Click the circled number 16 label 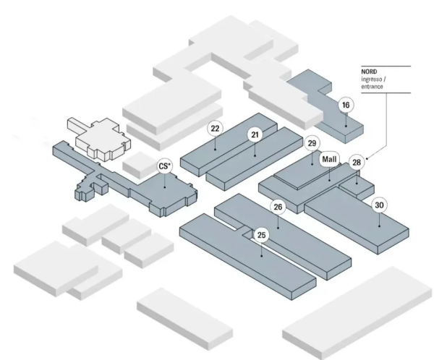tap(346, 105)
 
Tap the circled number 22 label tap(215, 129)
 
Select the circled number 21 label tap(255, 134)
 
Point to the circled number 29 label tap(312, 143)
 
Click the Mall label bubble tap(329, 159)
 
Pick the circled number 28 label tap(357, 162)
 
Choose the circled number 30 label tap(379, 205)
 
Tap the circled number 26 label tap(278, 207)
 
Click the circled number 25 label tap(261, 235)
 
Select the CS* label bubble tap(165, 166)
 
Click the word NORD tap(369, 72)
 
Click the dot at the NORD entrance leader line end tap(367, 158)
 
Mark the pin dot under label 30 tap(379, 226)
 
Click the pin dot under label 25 tap(262, 256)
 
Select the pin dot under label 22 tap(215, 150)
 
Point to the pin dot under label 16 tap(346, 126)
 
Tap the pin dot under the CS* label tap(165, 187)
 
